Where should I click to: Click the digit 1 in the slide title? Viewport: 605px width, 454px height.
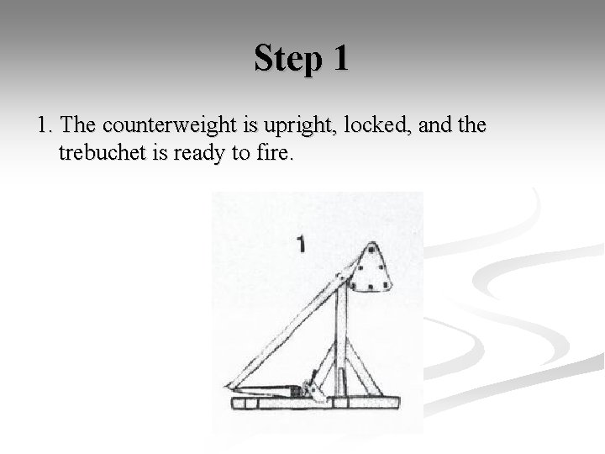point(339,59)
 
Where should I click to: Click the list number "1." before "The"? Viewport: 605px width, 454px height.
point(45,126)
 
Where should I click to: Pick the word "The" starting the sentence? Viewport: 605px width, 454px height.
point(78,126)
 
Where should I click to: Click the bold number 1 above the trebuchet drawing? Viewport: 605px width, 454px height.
point(301,245)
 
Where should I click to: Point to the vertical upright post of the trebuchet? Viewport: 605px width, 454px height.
point(340,345)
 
